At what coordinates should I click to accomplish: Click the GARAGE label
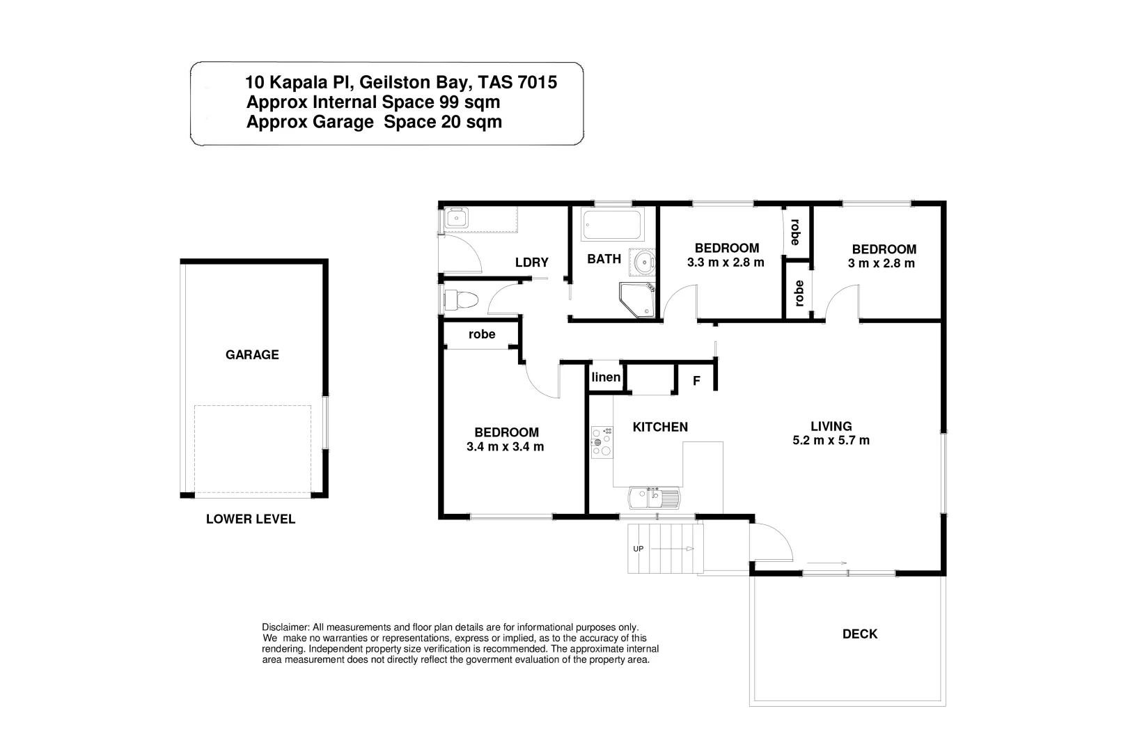pyautogui.click(x=252, y=355)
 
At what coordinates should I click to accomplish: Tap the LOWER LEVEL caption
pyautogui.click(x=251, y=519)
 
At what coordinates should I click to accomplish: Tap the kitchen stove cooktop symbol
pyautogui.click(x=602, y=442)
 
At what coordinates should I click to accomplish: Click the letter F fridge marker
pyautogui.click(x=696, y=382)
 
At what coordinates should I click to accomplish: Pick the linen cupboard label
pyautogui.click(x=606, y=377)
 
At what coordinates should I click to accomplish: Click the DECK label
pyautogui.click(x=860, y=634)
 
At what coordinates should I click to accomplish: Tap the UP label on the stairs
pyautogui.click(x=638, y=549)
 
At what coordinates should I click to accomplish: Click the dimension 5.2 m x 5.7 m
pyautogui.click(x=831, y=441)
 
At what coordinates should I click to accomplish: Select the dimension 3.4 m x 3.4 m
pyautogui.click(x=506, y=447)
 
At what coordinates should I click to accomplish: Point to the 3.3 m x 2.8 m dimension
pyautogui.click(x=726, y=263)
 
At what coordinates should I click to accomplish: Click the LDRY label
pyautogui.click(x=532, y=263)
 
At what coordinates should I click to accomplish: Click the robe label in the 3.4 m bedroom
pyautogui.click(x=482, y=334)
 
